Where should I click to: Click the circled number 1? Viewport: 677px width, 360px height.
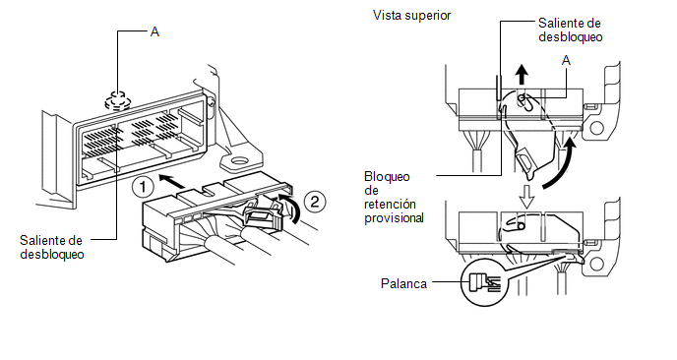click(143, 187)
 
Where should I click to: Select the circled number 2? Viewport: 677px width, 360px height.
click(315, 202)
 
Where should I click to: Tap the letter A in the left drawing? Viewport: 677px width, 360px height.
click(154, 31)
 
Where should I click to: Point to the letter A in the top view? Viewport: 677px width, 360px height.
click(566, 61)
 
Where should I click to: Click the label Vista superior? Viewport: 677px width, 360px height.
click(411, 16)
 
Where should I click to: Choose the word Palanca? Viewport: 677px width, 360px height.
click(403, 283)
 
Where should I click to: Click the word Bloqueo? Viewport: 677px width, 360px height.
click(387, 176)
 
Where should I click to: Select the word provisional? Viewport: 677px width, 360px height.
click(394, 218)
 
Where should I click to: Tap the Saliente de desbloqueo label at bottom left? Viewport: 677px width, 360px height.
click(52, 247)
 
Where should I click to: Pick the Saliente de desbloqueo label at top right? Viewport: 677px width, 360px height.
click(570, 30)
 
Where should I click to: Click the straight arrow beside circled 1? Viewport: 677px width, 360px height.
click(172, 181)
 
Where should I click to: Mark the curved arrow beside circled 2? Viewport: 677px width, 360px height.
click(289, 208)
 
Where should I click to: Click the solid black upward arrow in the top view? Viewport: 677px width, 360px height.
click(523, 75)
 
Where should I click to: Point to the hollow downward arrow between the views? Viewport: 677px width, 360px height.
click(526, 197)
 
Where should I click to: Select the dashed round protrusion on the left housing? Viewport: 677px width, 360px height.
click(117, 100)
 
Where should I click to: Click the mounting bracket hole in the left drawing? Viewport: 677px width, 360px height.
click(238, 162)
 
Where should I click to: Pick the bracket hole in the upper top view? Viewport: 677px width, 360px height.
click(596, 128)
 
